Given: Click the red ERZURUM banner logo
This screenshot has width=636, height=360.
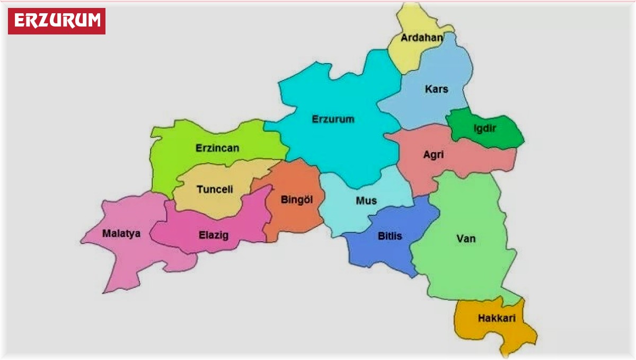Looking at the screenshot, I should [x=57, y=21].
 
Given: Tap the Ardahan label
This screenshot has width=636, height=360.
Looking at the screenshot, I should [x=422, y=38].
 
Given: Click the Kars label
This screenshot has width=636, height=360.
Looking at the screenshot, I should [x=436, y=89].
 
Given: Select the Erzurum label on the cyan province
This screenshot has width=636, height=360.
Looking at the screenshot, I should [x=333, y=119].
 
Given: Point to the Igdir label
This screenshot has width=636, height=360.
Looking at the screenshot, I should [x=484, y=128].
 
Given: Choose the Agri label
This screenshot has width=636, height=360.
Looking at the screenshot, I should [x=434, y=155].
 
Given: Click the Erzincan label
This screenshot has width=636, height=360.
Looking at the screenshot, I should [x=217, y=148].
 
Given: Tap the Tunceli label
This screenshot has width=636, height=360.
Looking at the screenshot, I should [x=215, y=189].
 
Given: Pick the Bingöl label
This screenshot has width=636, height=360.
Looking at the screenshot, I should [x=296, y=200].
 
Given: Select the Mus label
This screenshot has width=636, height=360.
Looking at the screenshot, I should [x=366, y=200].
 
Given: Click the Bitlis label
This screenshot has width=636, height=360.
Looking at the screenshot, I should [x=390, y=236].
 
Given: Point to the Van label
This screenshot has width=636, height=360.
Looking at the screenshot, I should [x=466, y=239].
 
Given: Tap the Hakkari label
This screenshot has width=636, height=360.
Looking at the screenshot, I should [x=496, y=319].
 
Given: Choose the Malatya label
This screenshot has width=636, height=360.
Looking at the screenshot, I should [x=121, y=233].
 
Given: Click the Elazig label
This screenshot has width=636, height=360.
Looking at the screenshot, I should [x=214, y=235].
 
